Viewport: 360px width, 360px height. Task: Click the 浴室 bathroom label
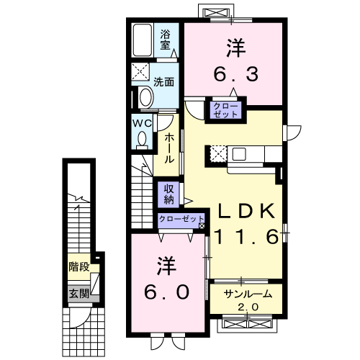[x=166, y=39]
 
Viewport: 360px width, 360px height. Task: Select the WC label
[x=141, y=122]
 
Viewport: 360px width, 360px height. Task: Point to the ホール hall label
[x=168, y=148]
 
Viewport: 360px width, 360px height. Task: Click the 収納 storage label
[x=168, y=192]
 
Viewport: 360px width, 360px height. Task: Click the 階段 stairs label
[x=78, y=266]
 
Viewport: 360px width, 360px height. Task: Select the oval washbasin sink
[x=145, y=97]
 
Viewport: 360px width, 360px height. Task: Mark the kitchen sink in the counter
[x=238, y=153]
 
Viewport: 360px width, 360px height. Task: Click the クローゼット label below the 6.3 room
[x=226, y=110]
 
